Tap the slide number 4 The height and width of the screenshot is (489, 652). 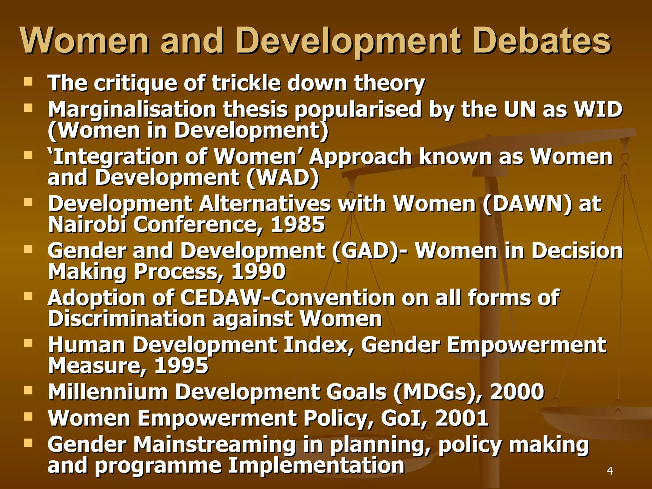pos(610,471)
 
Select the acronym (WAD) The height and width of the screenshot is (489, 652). pos(283,178)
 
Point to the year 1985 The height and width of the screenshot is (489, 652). pos(298,225)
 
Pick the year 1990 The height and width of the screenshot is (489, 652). pos(259,272)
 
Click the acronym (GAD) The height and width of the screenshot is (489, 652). pos(365,251)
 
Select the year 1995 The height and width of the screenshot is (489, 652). pos(181,366)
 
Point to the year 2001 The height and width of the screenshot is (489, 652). pos(462,418)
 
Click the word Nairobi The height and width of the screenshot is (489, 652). pos(87,225)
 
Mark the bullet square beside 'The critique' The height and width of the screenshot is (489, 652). pos(28,82)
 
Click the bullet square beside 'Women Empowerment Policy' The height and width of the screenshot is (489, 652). pos(28,417)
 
